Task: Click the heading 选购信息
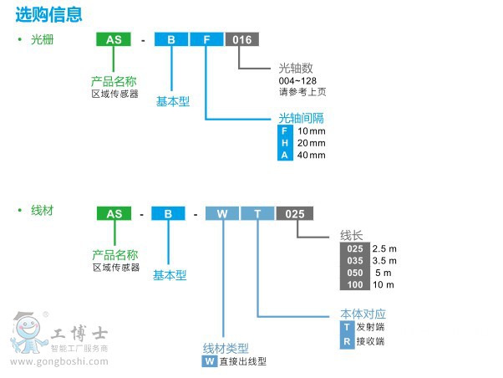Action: pos(48,13)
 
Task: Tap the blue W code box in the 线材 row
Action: pos(222,214)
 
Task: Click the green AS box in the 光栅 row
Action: pos(114,39)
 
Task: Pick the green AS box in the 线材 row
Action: pos(114,214)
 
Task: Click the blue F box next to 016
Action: pos(206,39)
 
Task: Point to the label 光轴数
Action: pos(296,68)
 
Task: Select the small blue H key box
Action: pos(286,143)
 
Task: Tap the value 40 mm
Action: pos(312,155)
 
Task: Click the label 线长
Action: pos(351,235)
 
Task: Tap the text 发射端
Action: pos(370,327)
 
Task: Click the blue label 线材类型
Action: pos(226,348)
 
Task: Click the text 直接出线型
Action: pos(243,362)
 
